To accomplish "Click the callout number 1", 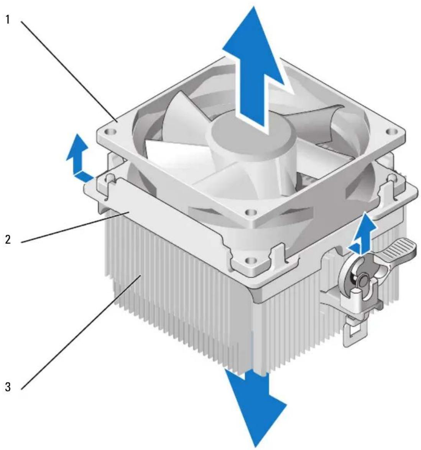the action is tap(8, 19).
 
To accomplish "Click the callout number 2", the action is tap(8, 239).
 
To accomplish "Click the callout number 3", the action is tap(8, 387).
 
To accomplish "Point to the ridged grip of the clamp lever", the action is tap(399, 248).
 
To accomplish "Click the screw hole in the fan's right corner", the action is tap(391, 132).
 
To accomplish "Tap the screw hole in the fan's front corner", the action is tap(251, 213).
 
